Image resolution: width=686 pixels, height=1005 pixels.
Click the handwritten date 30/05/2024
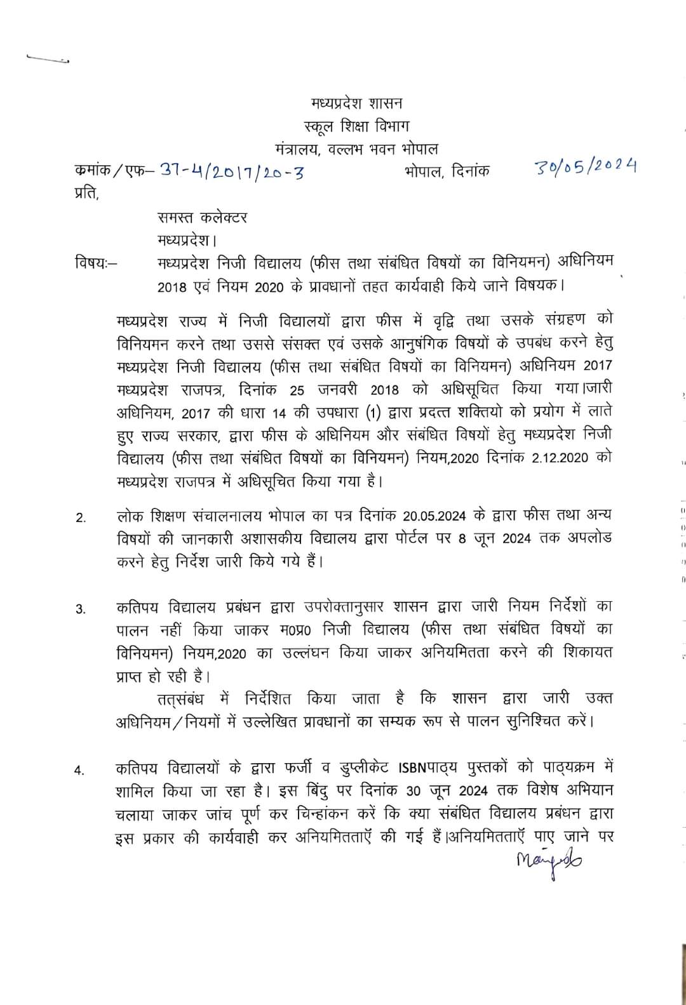[x=586, y=167]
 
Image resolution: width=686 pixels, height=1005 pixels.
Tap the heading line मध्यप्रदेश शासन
[x=356, y=103]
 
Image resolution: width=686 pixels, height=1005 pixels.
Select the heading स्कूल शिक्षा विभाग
[x=356, y=126]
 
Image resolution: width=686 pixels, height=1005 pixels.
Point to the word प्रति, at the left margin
[x=87, y=193]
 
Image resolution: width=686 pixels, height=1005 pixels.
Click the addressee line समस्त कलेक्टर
[x=203, y=217]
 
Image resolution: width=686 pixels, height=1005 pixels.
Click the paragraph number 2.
[x=81, y=518]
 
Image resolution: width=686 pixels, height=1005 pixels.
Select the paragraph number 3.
[x=81, y=609]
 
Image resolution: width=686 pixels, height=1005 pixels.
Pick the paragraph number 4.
[x=80, y=771]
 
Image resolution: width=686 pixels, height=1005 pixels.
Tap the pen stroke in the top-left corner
[x=48, y=59]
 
